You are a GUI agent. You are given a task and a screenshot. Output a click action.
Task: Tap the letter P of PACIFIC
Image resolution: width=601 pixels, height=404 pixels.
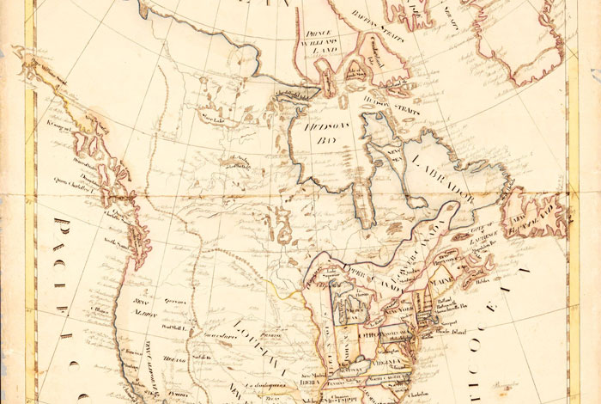pyautogui.click(x=63, y=228)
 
